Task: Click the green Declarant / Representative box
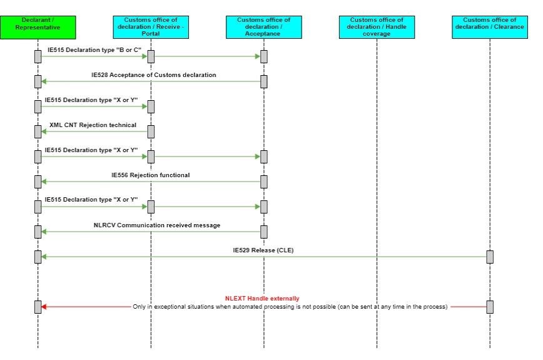[38, 27]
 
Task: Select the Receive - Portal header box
[151, 27]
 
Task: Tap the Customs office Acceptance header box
[263, 27]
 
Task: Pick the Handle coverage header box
[377, 27]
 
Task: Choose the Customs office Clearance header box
[490, 27]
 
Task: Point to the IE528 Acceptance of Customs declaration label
[153, 75]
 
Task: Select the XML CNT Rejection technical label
[93, 125]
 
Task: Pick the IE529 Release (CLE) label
[263, 250]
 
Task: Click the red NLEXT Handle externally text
[262, 298]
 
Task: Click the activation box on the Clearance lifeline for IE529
[490, 257]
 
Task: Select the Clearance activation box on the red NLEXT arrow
[490, 307]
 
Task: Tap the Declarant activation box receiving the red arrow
[38, 307]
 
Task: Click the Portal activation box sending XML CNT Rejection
[151, 131]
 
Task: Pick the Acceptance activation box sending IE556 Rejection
[264, 182]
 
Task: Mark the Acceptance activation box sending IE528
[264, 81]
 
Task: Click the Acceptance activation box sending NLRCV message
[264, 232]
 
